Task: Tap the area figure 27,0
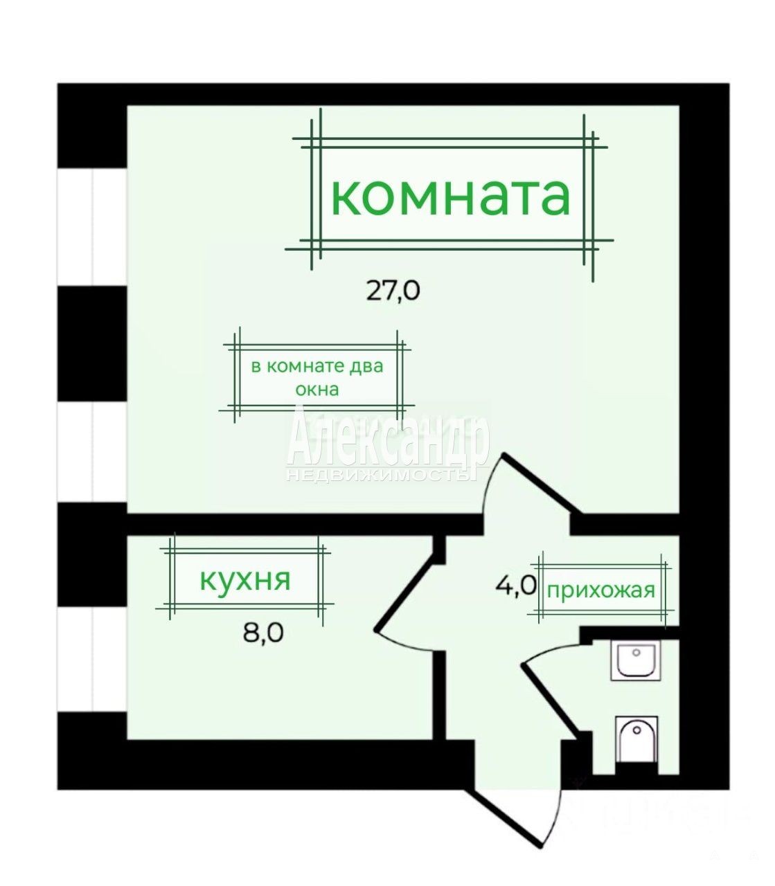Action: pyautogui.click(x=393, y=291)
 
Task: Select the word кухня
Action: pyautogui.click(x=244, y=581)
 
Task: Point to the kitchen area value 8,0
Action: pyautogui.click(x=263, y=633)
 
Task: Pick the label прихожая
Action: pyautogui.click(x=601, y=590)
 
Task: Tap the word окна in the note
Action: pyautogui.click(x=317, y=390)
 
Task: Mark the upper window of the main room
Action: pyautogui.click(x=92, y=226)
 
